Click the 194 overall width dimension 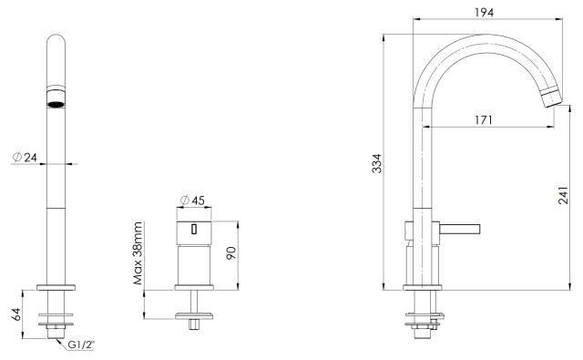point(484,12)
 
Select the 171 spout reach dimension point(484,120)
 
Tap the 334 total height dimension point(376,163)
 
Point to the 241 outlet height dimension point(563,195)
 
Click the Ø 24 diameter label point(25,158)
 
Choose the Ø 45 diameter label point(192,201)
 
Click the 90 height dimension point(230,252)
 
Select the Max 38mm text point(138,252)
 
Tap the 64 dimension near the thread point(16,314)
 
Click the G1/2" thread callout point(81,345)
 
